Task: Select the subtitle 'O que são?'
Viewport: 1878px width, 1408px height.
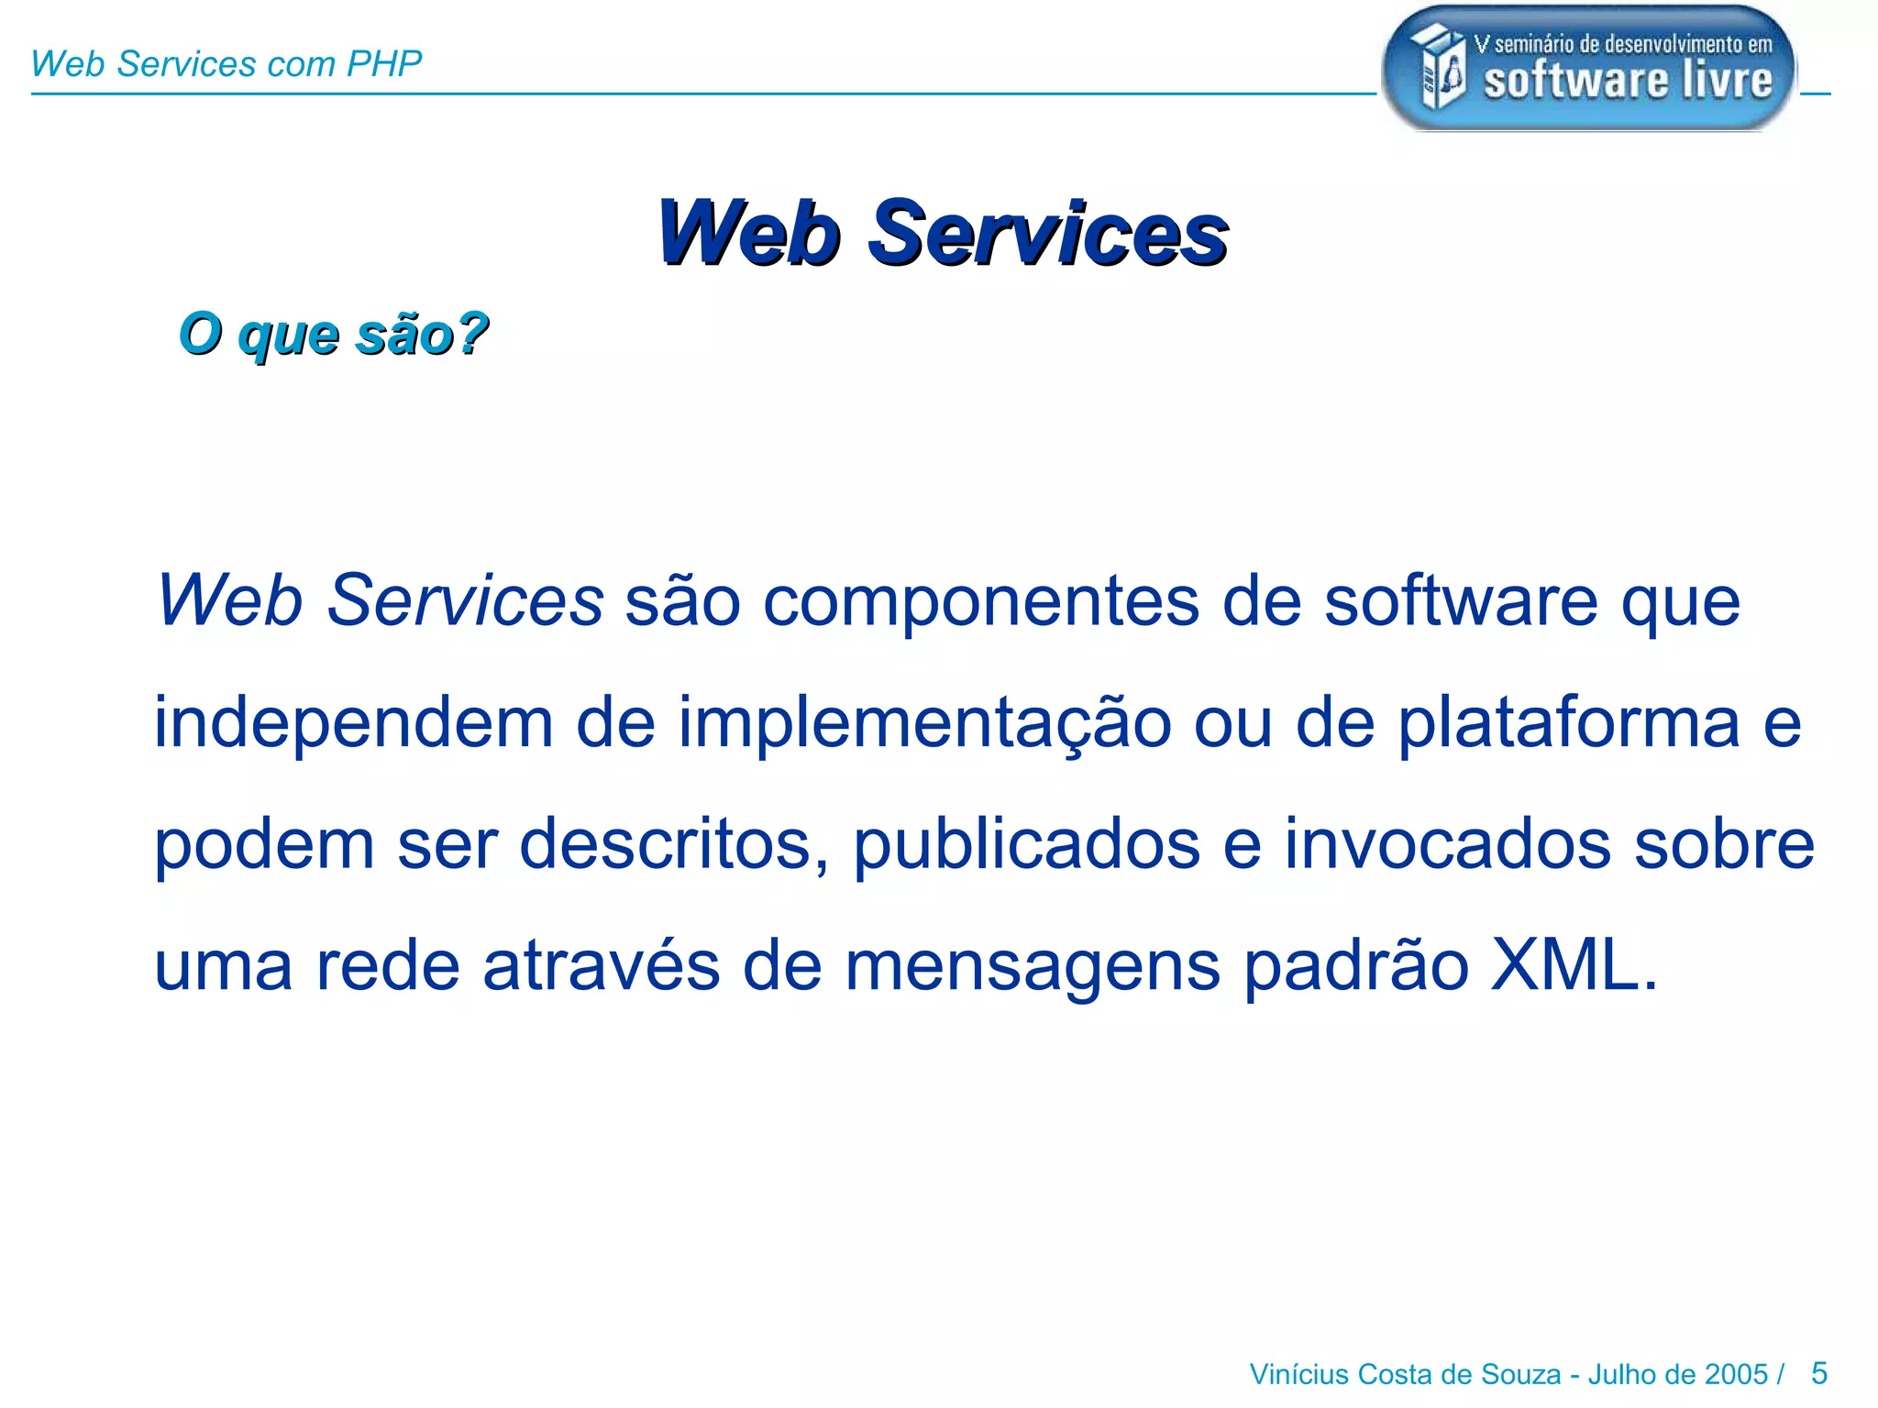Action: pos(334,334)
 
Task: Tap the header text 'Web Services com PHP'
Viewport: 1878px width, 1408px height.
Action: pos(226,64)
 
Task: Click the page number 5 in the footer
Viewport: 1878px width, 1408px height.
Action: pos(1819,1373)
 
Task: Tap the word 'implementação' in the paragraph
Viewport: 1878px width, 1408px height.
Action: pos(924,724)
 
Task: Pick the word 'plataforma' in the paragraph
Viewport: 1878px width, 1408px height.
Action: pos(1568,724)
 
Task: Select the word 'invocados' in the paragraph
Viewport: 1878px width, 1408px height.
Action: pos(1447,845)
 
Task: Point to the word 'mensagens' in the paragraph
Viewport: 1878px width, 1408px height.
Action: pos(1033,966)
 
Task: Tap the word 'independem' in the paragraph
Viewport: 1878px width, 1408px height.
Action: pos(353,724)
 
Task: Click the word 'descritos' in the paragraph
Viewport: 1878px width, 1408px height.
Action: pos(666,845)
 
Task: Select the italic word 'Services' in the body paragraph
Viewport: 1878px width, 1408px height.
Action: pos(466,601)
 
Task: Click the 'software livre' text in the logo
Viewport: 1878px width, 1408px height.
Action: pos(1628,81)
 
